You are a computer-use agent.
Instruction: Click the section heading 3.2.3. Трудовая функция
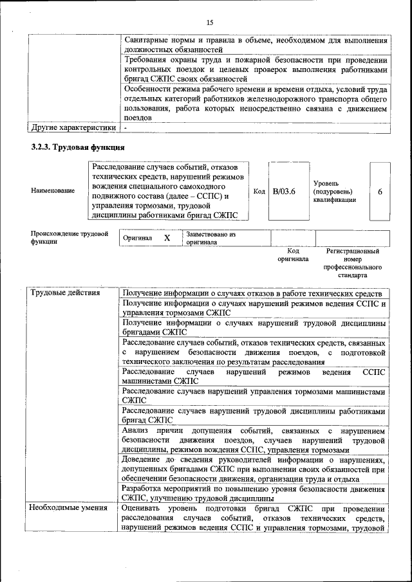pos(77,147)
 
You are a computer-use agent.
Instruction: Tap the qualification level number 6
pos(380,192)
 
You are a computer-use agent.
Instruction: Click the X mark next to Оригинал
pos(167,238)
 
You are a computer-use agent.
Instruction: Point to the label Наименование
pos(52,192)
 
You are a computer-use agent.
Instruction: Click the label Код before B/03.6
pos(259,192)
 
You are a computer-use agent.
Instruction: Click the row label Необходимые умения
pos(68,508)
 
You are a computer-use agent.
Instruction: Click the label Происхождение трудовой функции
pos(70,238)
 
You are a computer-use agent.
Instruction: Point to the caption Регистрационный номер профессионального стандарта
pos(353,263)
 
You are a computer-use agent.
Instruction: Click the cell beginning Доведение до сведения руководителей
pos(255,469)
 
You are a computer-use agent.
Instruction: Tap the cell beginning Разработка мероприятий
pos(255,493)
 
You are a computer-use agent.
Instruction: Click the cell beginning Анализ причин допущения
pos(255,440)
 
